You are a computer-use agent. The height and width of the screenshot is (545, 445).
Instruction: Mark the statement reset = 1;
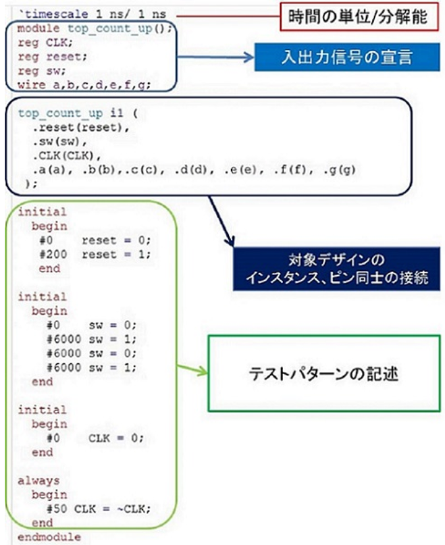click(x=117, y=255)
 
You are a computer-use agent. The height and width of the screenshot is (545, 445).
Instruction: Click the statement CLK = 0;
click(x=116, y=438)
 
